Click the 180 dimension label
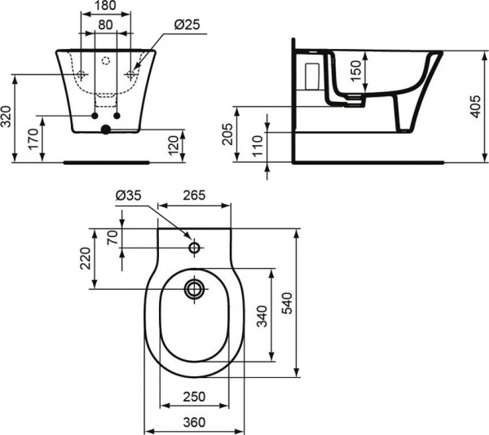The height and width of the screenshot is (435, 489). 104,7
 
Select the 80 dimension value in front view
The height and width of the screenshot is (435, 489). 104,24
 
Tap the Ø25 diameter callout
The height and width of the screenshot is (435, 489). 186,25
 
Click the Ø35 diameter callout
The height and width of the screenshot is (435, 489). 129,196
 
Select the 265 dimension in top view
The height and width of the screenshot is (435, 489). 194,196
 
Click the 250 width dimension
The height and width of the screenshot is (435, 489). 193,396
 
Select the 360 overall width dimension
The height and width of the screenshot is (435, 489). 193,421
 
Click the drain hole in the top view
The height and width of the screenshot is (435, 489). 194,288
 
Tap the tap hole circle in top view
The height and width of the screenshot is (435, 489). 194,248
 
